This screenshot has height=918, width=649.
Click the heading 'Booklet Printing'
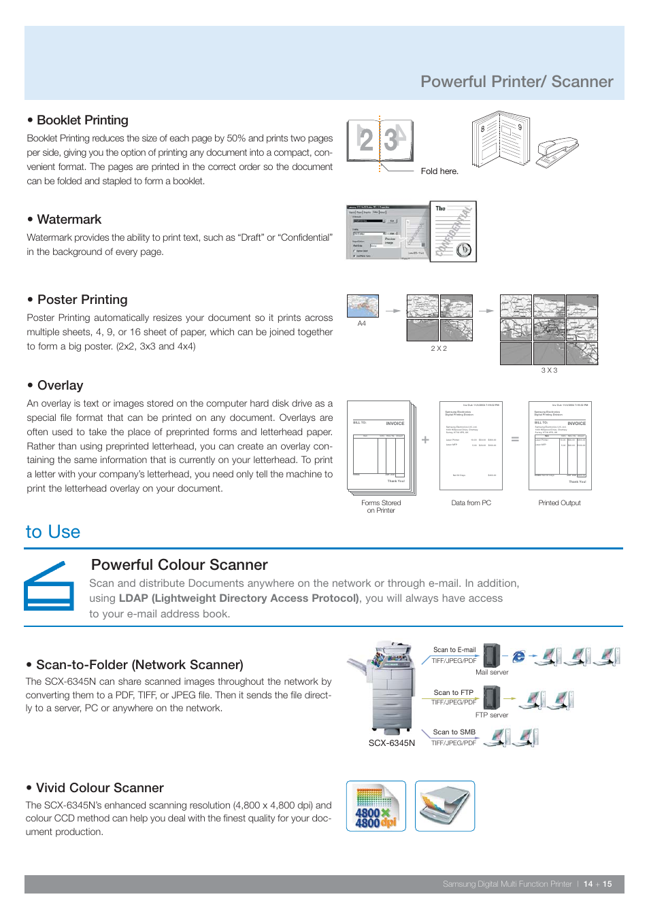coord(82,120)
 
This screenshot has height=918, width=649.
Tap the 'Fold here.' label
coord(439,171)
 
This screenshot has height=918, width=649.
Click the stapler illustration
coord(556,150)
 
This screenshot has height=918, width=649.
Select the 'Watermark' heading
coord(69,220)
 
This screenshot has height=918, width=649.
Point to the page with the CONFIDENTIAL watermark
coord(453,231)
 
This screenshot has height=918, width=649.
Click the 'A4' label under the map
coord(361,324)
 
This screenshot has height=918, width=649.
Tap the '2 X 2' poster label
coord(439,348)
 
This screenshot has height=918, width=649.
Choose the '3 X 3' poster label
coord(549,371)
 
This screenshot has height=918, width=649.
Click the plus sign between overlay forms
coord(425,440)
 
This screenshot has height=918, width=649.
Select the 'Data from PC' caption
coord(471,503)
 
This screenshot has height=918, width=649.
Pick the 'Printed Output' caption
coord(559,503)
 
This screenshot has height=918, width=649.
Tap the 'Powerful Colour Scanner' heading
coord(179,565)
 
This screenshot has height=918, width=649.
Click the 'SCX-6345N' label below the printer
coord(391,743)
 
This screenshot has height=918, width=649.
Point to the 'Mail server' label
coord(491,673)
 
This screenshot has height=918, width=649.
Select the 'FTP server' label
coord(491,715)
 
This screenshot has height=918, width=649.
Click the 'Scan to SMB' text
coord(454,732)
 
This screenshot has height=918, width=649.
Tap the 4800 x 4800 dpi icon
coord(376,806)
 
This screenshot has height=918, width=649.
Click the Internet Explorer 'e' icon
coord(518,656)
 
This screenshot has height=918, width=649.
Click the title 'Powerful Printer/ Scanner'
coord(516,82)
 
